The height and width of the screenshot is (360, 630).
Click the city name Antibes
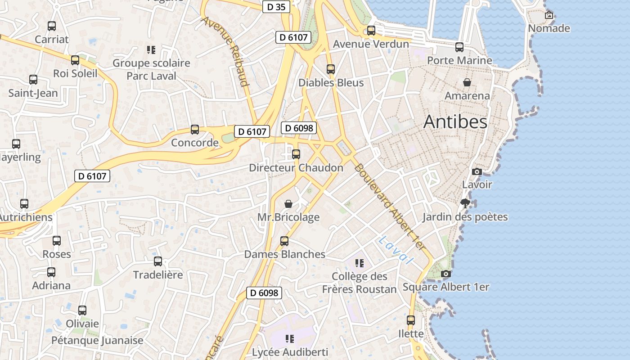click(455, 122)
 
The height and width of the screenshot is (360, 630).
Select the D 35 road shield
click(276, 7)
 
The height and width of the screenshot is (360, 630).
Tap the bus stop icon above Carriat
click(52, 26)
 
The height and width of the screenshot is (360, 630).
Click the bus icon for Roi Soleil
click(75, 60)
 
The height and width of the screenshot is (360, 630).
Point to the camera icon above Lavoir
click(477, 171)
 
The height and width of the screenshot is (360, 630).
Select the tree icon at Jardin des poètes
click(465, 204)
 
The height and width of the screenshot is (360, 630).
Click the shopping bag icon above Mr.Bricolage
click(288, 204)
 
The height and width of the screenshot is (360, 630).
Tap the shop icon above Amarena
click(467, 82)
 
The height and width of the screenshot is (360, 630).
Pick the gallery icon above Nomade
click(549, 15)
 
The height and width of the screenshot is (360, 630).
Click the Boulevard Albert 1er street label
click(389, 207)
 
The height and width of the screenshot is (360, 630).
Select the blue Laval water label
click(396, 250)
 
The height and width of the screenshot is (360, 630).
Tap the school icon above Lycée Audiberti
click(290, 338)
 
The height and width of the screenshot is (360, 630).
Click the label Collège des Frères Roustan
click(359, 283)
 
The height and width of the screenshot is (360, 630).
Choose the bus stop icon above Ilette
click(411, 320)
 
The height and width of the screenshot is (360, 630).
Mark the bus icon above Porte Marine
click(459, 47)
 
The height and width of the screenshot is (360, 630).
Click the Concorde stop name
click(195, 143)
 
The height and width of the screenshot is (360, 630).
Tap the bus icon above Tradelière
click(158, 261)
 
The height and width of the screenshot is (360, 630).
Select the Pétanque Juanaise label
click(97, 340)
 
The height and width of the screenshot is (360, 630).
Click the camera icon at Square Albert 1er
click(445, 274)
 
